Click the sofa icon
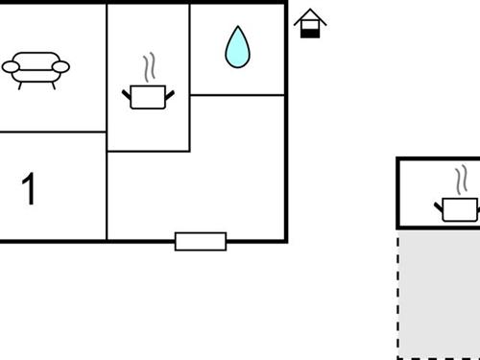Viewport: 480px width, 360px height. (x=36, y=69)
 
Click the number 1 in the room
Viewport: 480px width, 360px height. (x=30, y=189)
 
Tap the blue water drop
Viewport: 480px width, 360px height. (x=236, y=47)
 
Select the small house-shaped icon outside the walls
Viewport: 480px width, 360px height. (x=309, y=24)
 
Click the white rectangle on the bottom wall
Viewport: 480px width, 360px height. (x=201, y=241)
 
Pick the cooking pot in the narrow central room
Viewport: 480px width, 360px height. (x=148, y=95)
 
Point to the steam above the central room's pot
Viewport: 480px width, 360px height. (x=148, y=67)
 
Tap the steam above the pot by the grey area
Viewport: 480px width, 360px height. (x=462, y=179)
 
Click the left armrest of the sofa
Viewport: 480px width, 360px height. (x=10, y=67)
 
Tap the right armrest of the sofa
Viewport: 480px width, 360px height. (x=61, y=66)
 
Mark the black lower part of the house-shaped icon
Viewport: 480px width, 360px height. (x=309, y=32)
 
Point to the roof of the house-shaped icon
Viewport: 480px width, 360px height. (x=309, y=17)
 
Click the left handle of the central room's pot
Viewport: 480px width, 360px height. (x=126, y=92)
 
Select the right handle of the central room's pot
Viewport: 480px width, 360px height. (x=170, y=92)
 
